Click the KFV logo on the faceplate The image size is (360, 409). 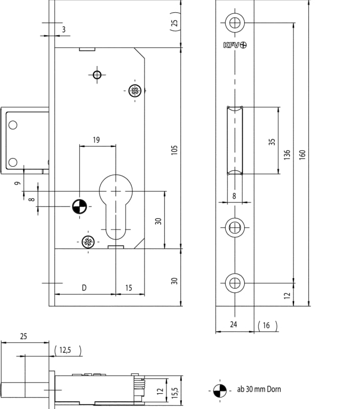(235, 45)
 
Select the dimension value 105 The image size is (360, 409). (174, 150)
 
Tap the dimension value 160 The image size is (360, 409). (302, 155)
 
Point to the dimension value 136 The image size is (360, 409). (287, 155)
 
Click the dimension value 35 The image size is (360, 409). (272, 142)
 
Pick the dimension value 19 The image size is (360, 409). (97, 140)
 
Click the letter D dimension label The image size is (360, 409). (84, 288)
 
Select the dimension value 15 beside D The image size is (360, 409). (129, 288)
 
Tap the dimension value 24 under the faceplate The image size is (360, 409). (233, 324)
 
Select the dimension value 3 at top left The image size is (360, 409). (64, 30)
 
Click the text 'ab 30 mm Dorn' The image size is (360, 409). (259, 389)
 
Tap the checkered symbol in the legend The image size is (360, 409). (220, 391)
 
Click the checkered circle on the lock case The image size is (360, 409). (80, 207)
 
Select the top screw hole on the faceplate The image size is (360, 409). (235, 22)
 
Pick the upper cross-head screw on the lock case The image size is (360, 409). (135, 90)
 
